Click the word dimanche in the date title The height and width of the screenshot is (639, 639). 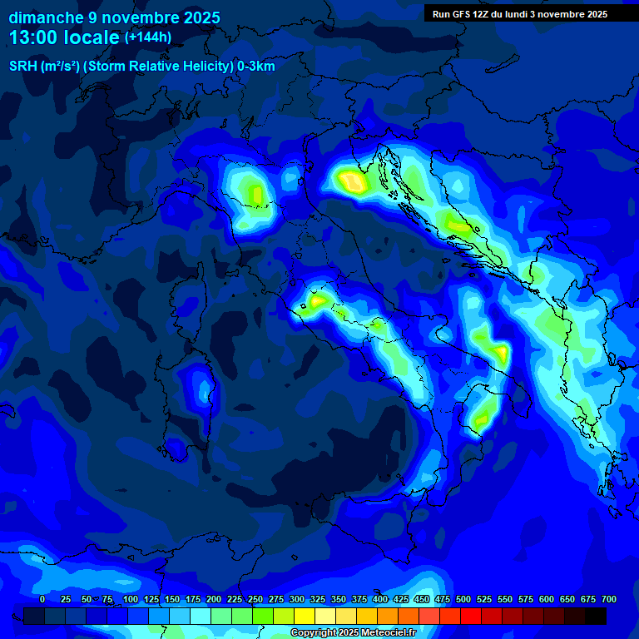pyautogui.click(x=47, y=17)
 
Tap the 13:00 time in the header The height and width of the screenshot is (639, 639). pyautogui.click(x=34, y=37)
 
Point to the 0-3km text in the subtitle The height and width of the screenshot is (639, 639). pyautogui.click(x=255, y=67)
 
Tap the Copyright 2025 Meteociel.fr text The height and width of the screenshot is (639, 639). pyautogui.click(x=353, y=633)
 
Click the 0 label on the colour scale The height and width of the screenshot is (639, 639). pyautogui.click(x=42, y=600)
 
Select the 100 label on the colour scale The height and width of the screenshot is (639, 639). pyautogui.click(x=130, y=600)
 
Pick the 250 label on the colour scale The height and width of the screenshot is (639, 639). pyautogui.click(x=255, y=600)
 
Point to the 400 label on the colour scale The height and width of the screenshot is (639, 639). pyautogui.click(x=380, y=600)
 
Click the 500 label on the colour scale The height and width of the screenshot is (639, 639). pyautogui.click(x=463, y=600)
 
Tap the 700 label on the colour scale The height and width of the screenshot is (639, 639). pyautogui.click(x=609, y=600)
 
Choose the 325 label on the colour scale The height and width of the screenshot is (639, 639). pyautogui.click(x=318, y=600)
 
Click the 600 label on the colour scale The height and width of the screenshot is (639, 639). pyautogui.click(x=547, y=600)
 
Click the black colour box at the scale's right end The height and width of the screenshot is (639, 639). pyautogui.click(x=596, y=616)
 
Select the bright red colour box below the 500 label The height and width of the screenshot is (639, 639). pyautogui.click(x=471, y=616)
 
